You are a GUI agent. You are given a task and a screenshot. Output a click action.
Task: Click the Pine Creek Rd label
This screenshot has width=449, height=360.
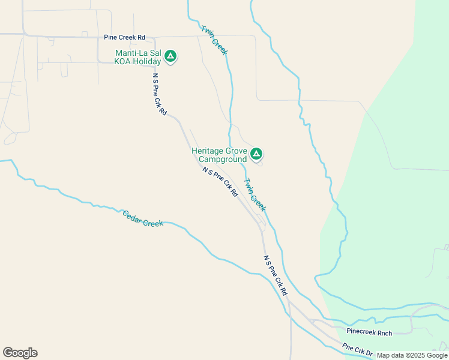125,37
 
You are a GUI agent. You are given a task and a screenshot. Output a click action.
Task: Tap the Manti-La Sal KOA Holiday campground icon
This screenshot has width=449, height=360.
170,56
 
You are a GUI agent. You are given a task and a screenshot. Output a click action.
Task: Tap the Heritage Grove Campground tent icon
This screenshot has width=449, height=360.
256,154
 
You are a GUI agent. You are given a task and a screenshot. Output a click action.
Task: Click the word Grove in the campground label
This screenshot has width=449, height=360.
235,151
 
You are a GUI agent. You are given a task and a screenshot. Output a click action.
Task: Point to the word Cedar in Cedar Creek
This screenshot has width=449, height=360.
133,217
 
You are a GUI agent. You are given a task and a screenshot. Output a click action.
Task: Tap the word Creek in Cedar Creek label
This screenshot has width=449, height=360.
153,223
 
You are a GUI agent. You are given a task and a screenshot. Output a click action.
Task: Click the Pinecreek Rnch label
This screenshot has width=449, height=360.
369,332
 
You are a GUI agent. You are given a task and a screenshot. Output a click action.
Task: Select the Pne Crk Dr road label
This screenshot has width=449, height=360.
358,349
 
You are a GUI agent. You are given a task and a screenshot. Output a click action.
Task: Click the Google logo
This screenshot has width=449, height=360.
20,353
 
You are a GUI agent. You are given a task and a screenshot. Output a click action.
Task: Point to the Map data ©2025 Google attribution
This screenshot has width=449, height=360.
412,355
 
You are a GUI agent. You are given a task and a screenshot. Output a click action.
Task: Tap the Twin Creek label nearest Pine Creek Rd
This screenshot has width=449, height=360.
214,40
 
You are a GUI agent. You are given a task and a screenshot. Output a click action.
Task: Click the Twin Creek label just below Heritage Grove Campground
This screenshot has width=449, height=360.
255,195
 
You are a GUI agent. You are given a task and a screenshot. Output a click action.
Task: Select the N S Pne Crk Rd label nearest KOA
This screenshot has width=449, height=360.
159,94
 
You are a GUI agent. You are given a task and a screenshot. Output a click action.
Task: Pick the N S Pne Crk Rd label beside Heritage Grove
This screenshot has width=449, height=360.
220,182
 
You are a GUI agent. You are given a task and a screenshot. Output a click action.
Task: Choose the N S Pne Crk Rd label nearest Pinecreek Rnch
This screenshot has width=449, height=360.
276,275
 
